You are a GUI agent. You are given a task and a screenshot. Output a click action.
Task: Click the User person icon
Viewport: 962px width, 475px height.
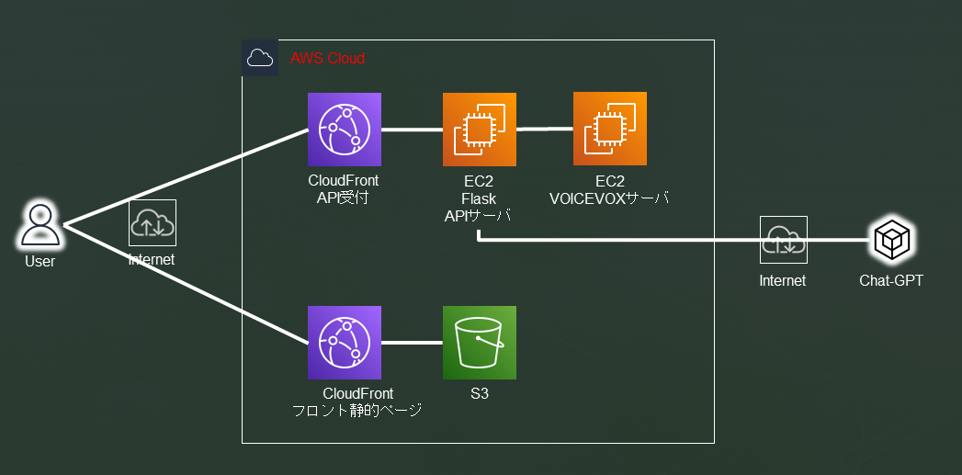click(x=40, y=225)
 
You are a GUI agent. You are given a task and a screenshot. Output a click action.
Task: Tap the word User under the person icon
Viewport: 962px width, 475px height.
click(x=40, y=262)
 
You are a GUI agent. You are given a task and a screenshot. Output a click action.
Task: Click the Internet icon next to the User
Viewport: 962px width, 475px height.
click(x=152, y=223)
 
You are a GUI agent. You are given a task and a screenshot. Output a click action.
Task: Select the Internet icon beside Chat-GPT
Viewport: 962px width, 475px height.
click(x=783, y=240)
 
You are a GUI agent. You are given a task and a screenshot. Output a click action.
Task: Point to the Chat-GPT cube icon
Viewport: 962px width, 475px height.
click(x=891, y=241)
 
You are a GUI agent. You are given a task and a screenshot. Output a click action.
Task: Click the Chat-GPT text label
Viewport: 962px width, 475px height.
click(x=891, y=280)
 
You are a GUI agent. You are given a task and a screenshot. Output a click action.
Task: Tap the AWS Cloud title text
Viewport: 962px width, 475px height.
click(x=327, y=59)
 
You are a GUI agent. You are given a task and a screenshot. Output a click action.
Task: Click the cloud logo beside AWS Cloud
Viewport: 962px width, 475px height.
click(x=260, y=58)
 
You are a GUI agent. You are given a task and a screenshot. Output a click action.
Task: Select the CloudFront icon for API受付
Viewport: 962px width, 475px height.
click(x=345, y=130)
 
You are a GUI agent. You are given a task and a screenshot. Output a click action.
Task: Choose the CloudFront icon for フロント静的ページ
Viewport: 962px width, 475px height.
click(x=345, y=343)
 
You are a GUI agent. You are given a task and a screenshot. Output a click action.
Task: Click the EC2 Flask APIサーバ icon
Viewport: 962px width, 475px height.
click(x=479, y=130)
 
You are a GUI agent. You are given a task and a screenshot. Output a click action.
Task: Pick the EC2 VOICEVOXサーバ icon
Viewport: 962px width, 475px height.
click(x=610, y=129)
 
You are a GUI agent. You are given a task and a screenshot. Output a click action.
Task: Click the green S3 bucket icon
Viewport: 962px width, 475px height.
click(x=479, y=343)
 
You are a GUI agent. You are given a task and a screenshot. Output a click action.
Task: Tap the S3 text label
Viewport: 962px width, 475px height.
click(x=479, y=394)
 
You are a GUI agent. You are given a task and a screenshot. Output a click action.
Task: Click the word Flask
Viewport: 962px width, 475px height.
click(x=479, y=198)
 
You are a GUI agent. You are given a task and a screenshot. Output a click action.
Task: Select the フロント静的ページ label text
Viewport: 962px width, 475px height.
click(x=356, y=411)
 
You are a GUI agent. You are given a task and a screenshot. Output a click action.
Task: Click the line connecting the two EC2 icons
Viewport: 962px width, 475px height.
click(x=544, y=130)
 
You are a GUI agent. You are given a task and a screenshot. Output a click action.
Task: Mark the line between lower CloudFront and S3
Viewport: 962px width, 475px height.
click(x=412, y=343)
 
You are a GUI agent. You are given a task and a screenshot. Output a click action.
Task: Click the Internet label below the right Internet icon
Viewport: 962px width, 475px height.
click(x=783, y=280)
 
